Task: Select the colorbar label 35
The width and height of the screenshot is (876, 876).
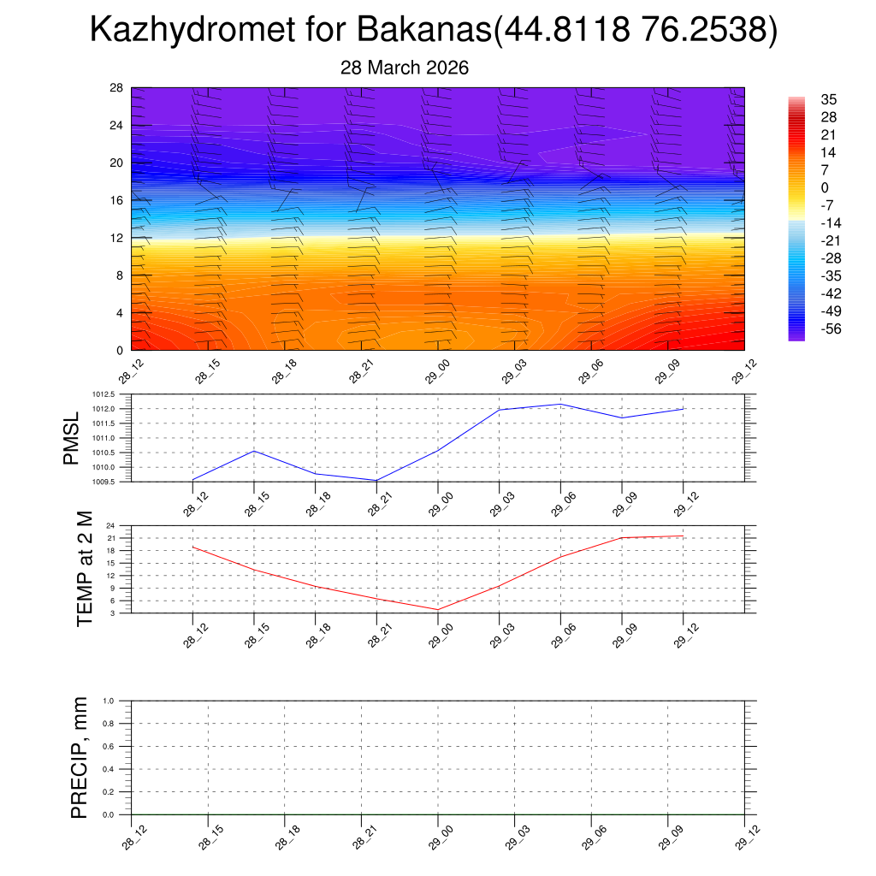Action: tap(828, 99)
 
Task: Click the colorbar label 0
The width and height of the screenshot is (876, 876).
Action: tap(825, 187)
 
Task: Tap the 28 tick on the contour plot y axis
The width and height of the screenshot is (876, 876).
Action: tap(116, 87)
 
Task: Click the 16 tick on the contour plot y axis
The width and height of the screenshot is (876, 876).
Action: tap(116, 200)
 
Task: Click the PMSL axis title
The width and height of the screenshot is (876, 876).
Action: tap(71, 438)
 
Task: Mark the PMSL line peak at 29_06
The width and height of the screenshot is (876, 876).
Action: tap(560, 404)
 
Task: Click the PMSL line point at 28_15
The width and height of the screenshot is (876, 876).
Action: tap(254, 451)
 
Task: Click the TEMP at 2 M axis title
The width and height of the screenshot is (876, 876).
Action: tap(85, 569)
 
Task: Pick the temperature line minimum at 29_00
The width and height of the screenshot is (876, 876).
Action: tap(438, 610)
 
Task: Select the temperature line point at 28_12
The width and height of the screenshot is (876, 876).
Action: tap(192, 547)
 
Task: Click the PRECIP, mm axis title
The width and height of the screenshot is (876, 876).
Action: tap(80, 757)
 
